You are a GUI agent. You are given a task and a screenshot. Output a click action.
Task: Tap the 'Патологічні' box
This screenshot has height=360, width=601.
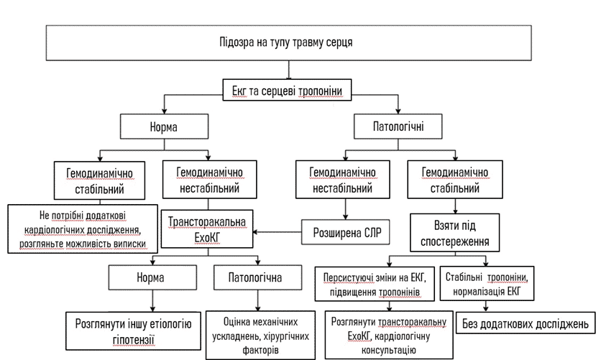(388, 127)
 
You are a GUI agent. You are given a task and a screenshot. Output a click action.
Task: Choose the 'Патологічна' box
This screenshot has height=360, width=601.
(254, 277)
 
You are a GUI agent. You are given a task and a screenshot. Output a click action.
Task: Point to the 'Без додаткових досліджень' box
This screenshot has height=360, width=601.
(527, 323)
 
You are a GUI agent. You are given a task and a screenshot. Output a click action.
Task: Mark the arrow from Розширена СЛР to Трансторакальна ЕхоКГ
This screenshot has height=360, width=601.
(277, 231)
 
